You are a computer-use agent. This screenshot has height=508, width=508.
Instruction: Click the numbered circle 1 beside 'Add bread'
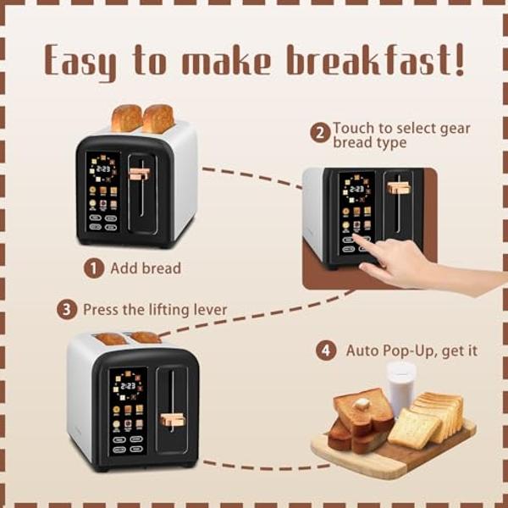click(x=93, y=268)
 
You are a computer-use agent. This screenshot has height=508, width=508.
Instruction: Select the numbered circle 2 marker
click(x=320, y=132)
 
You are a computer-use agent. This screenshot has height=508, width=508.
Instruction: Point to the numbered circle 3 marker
click(x=68, y=310)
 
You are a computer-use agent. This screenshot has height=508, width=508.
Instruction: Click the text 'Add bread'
click(x=146, y=268)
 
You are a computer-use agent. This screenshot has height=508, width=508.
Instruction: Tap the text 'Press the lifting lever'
click(x=155, y=310)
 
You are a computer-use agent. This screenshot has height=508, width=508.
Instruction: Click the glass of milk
click(x=400, y=386)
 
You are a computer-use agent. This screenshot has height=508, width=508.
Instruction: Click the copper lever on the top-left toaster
click(x=140, y=174)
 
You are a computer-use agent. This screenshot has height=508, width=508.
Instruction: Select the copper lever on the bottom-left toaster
click(x=172, y=417)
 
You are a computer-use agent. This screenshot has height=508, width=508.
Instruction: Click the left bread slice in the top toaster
click(x=126, y=118)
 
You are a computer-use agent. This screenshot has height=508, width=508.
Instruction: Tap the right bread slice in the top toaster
click(x=158, y=118)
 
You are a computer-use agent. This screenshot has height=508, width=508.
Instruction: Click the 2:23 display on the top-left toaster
click(x=103, y=168)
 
